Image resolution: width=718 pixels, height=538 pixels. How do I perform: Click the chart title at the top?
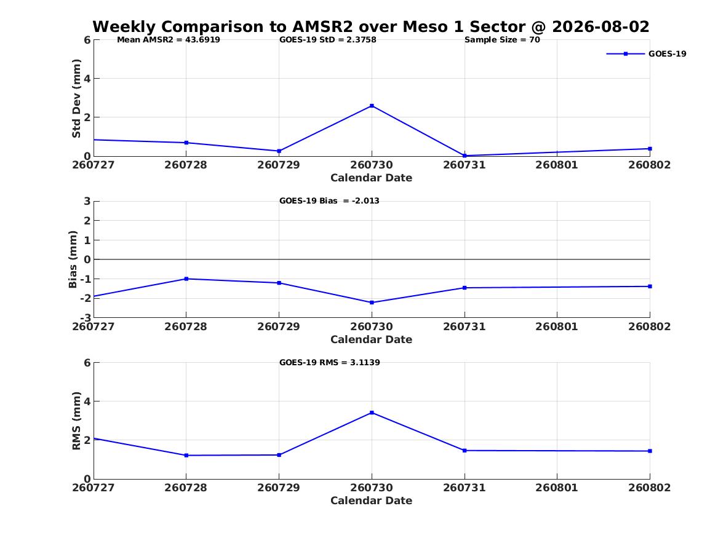click(x=371, y=26)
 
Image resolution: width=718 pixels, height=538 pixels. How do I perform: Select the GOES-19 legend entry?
click(x=646, y=54)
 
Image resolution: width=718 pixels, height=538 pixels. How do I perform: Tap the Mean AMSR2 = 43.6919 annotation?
click(x=169, y=40)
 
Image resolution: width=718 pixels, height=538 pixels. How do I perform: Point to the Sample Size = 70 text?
click(x=502, y=40)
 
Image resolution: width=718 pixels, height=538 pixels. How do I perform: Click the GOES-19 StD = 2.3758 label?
click(x=328, y=40)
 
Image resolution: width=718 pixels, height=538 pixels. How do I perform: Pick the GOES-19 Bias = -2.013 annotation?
click(x=329, y=201)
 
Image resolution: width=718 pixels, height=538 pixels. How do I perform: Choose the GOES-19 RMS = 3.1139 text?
click(x=330, y=362)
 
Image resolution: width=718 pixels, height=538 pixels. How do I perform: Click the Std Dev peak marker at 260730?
click(x=372, y=106)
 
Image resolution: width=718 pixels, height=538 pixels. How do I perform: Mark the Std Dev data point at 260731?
click(x=465, y=156)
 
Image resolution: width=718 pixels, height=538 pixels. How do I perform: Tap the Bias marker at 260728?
click(x=186, y=279)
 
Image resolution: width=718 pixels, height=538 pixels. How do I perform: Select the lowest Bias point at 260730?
click(x=372, y=303)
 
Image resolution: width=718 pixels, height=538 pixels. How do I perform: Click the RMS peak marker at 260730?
click(x=372, y=413)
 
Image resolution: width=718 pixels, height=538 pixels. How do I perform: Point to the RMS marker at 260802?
click(x=650, y=451)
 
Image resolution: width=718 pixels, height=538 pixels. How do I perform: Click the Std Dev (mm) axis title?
click(x=76, y=98)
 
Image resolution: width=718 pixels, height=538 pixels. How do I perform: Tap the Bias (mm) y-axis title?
click(x=73, y=259)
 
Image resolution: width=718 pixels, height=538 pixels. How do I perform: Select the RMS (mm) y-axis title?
click(x=76, y=421)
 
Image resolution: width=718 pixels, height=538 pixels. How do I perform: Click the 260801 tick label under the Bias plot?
click(x=557, y=326)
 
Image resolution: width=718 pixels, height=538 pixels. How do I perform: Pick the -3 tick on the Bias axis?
click(x=86, y=318)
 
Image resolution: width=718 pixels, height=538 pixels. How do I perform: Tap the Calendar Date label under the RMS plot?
click(x=372, y=500)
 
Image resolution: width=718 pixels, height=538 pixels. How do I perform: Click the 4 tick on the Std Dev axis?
click(x=87, y=79)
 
